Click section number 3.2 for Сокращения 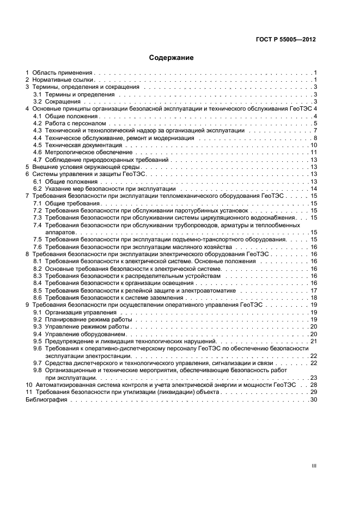pyautogui.click(x=38, y=101)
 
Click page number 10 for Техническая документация pyautogui.click(x=314, y=145)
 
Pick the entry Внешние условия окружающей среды pyautogui.click(x=86, y=167)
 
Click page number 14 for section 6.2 pyautogui.click(x=314, y=189)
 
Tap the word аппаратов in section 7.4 pyautogui.click(x=63, y=232)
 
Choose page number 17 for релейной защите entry pyautogui.click(x=314, y=290)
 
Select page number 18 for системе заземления pyautogui.click(x=314, y=297)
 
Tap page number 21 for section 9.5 pyautogui.click(x=314, y=341)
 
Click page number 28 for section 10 pyautogui.click(x=314, y=385)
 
